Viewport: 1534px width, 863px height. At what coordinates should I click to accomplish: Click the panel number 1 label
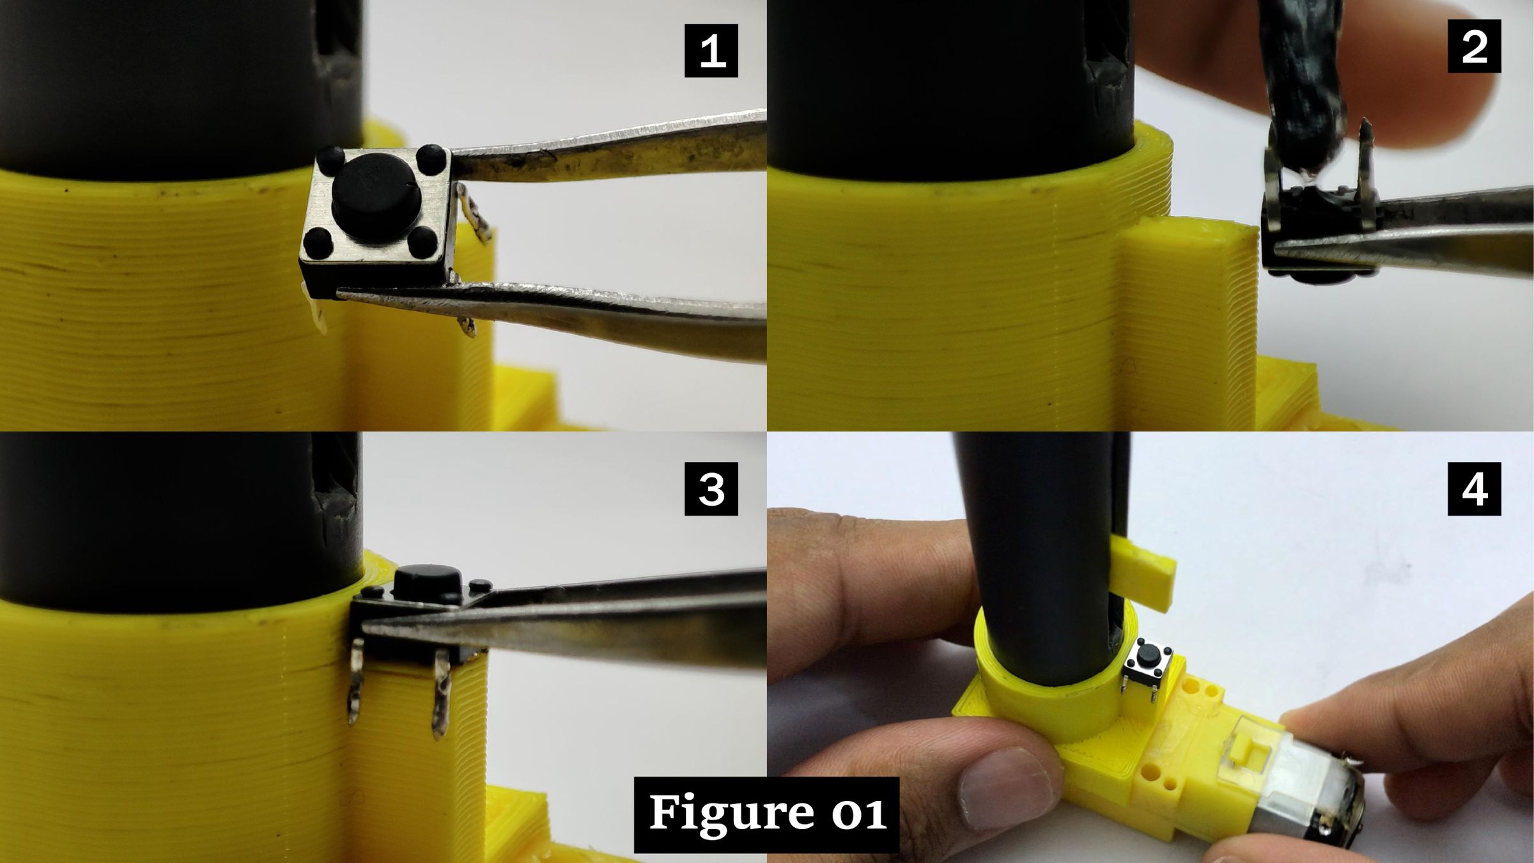(x=711, y=51)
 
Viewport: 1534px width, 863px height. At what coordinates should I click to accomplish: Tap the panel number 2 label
(x=1474, y=46)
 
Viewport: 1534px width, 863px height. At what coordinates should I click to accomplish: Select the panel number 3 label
(x=711, y=489)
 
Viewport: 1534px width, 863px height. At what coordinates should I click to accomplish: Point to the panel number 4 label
(x=1474, y=489)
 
